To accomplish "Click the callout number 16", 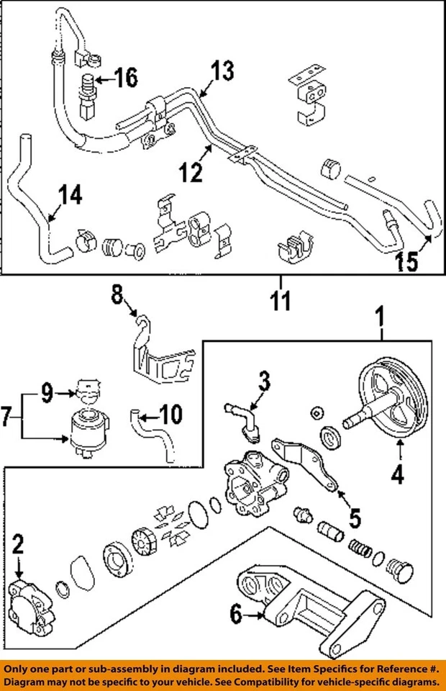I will pyautogui.click(x=125, y=77).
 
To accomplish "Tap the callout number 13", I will pyautogui.click(x=223, y=71).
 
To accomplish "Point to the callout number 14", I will pyautogui.click(x=70, y=194).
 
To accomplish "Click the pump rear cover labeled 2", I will pyautogui.click(x=32, y=599).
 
